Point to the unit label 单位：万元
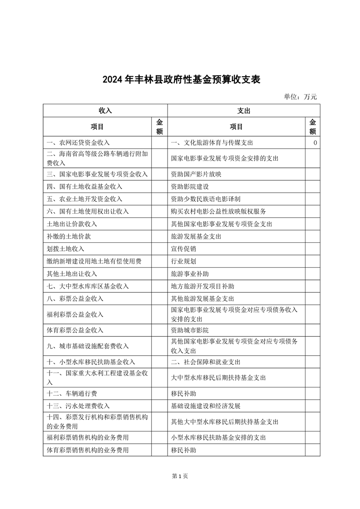coord(300,96)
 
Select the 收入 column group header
coord(105,111)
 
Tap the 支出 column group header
coord(244,111)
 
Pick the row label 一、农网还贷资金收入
coord(78,142)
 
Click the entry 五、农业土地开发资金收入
coord(84,199)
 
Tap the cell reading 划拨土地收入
coord(65,249)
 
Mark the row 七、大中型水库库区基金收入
coord(88,286)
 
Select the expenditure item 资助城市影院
coord(190,330)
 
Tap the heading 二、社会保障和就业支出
coord(206,362)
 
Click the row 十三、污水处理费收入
coord(78,406)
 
